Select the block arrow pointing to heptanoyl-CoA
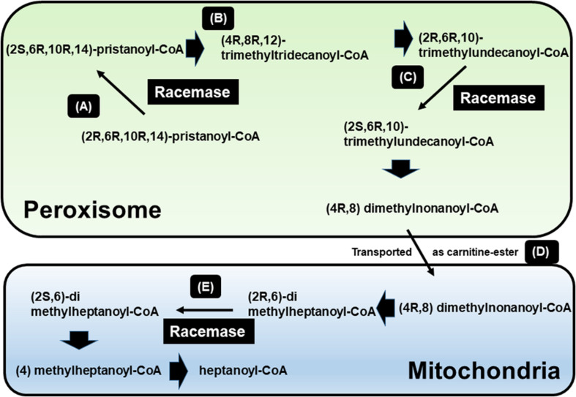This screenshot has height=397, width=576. click(x=176, y=370)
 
